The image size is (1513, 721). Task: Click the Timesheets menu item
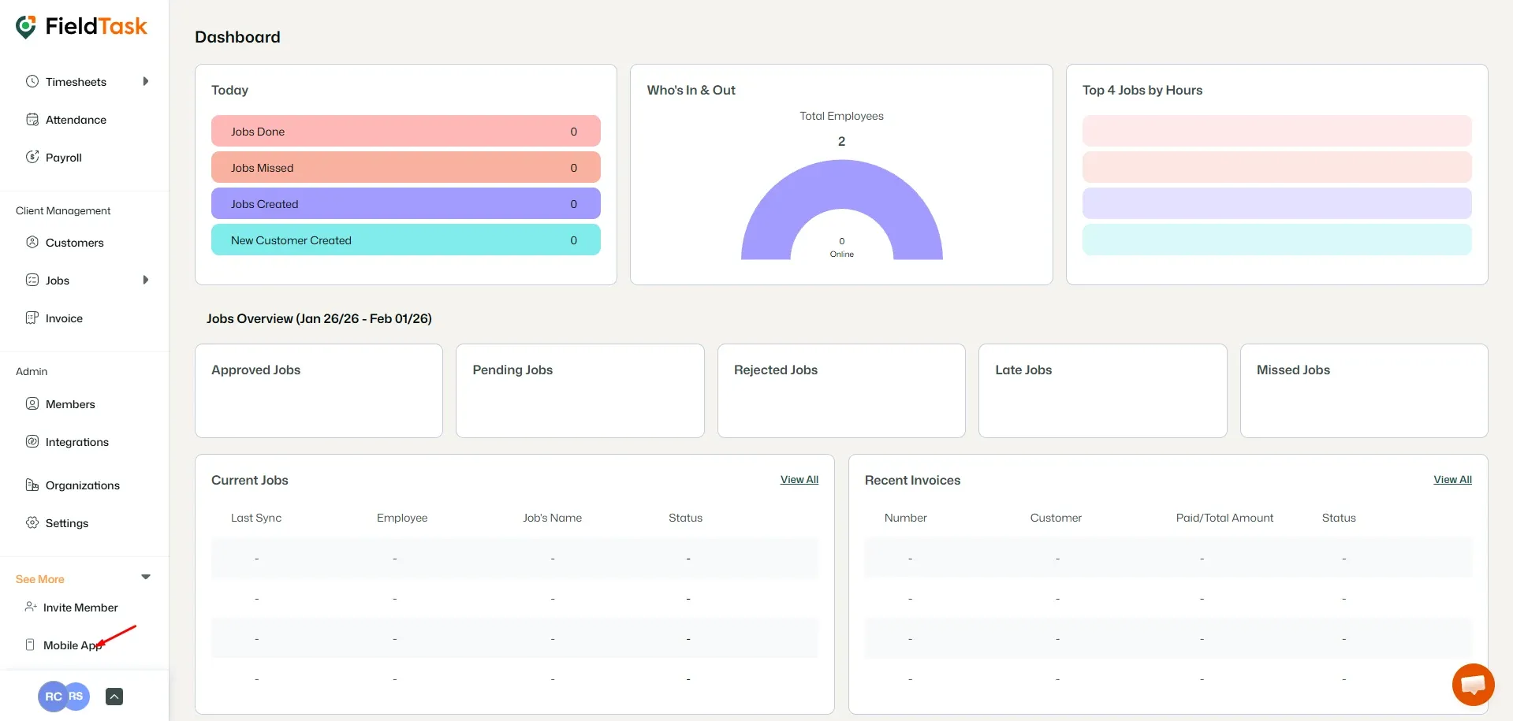(x=76, y=82)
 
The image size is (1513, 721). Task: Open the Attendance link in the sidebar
(x=76, y=120)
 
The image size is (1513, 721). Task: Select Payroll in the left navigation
(x=63, y=158)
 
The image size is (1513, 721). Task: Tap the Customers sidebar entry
(x=74, y=243)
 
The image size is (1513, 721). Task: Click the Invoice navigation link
(x=64, y=318)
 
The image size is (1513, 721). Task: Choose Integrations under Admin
(x=76, y=442)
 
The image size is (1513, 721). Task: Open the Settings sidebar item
(x=66, y=523)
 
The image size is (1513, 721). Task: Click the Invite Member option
(x=80, y=608)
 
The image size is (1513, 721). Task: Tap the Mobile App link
(x=71, y=645)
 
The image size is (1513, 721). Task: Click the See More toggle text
(x=40, y=579)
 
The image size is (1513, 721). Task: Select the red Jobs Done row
(x=405, y=132)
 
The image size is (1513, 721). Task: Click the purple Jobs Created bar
(x=405, y=204)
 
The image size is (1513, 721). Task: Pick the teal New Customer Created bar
(x=405, y=240)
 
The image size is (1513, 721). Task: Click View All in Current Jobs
(x=799, y=480)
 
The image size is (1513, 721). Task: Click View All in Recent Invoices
(x=1452, y=480)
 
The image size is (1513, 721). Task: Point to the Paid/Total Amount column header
(x=1224, y=518)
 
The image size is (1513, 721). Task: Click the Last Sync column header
(x=256, y=518)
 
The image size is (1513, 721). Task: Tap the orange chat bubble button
(x=1473, y=685)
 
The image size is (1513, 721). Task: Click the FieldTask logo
(x=82, y=27)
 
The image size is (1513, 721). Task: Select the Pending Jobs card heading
(x=512, y=370)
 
